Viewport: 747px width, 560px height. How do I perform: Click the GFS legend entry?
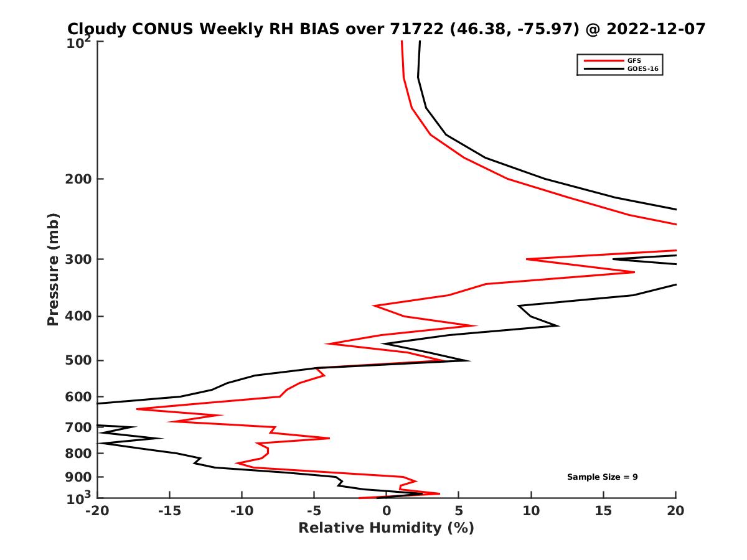634,60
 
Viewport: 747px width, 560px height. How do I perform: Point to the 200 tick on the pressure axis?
79,179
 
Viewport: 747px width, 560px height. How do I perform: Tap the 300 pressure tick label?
79,259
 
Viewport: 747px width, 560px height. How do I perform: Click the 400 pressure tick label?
79,316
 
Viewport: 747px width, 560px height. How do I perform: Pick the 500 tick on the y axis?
79,360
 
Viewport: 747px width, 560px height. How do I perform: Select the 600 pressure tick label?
79,396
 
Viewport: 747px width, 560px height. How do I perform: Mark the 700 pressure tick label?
79,427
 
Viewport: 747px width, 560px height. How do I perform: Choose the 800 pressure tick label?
79,454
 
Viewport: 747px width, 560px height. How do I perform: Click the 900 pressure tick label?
79,477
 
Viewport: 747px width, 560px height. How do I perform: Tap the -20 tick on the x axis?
97,511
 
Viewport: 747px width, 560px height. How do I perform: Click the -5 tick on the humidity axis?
314,511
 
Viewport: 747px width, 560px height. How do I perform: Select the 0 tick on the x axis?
387,511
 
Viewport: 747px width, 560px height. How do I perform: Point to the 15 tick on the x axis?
603,511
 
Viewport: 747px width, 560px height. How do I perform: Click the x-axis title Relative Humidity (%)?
386,528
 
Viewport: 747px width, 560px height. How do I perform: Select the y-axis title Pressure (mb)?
53,269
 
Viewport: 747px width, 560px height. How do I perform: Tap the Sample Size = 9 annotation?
602,477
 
